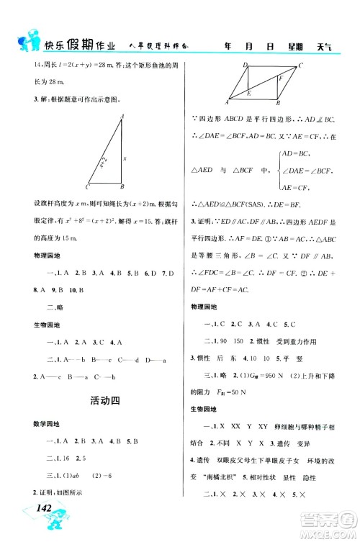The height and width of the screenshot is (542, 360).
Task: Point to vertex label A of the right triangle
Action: point(122,114)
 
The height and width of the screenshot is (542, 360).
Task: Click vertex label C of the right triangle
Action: point(87,185)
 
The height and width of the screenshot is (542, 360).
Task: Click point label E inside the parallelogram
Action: point(248,94)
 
